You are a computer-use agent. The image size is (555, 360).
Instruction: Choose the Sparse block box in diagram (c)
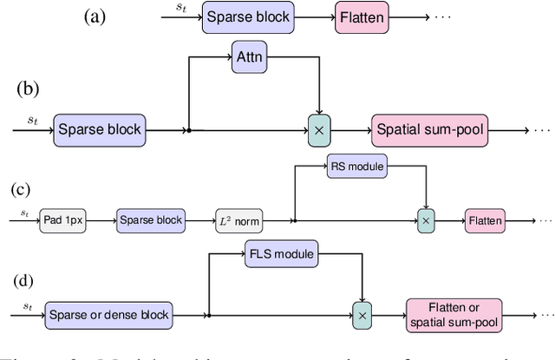[x=150, y=220]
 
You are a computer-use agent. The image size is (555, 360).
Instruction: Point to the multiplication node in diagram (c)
[x=426, y=220]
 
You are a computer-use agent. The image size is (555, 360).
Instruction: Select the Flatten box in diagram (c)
[x=485, y=220]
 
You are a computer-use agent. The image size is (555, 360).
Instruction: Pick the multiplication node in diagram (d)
[x=362, y=313]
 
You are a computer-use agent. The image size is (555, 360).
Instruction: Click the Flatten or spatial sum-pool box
[x=454, y=313]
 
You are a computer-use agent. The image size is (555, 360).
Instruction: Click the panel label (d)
[x=26, y=281]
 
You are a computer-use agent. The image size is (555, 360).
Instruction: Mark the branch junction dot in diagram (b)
[x=189, y=130]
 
